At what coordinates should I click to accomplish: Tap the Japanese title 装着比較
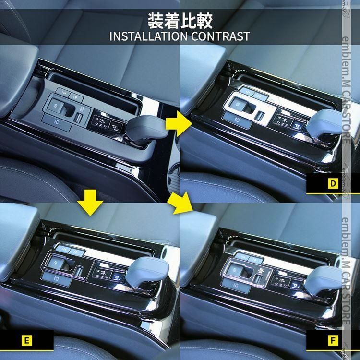point(180,20)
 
